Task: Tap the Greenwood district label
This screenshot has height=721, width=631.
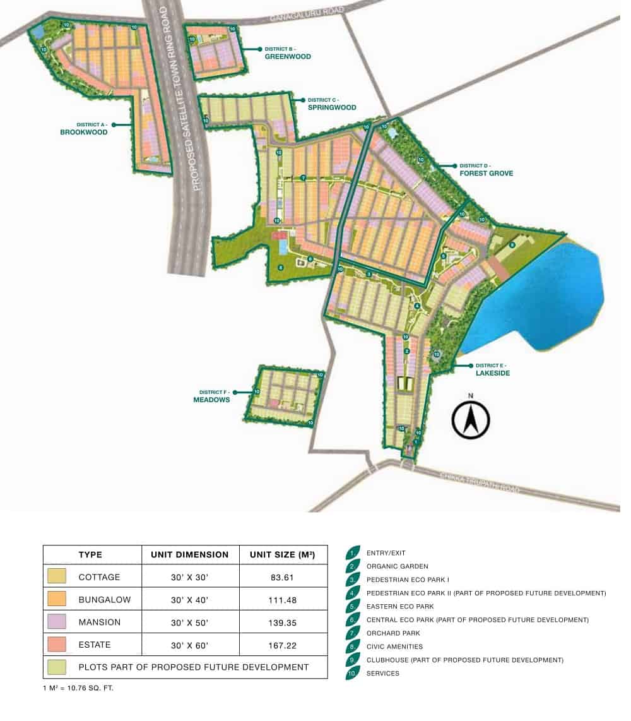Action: [288, 56]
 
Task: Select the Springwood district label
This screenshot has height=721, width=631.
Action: [331, 107]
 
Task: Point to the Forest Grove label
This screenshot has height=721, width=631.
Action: [486, 173]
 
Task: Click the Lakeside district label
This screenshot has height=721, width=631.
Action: [493, 373]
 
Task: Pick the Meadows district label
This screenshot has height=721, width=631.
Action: [211, 400]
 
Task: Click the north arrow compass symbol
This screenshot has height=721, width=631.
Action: [471, 419]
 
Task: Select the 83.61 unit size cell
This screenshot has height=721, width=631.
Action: [283, 577]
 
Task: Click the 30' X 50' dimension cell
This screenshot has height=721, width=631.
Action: [190, 622]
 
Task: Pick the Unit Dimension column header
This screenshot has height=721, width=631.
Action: [190, 554]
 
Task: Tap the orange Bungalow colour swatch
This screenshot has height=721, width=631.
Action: [56, 600]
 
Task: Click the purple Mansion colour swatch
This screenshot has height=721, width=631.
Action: [56, 622]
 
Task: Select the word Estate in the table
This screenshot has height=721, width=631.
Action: [95, 645]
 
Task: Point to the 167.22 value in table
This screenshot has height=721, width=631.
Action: [283, 645]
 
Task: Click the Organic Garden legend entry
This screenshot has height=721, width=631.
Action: [397, 566]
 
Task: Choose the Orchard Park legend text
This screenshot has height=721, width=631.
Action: [394, 633]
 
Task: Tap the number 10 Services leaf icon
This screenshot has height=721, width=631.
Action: [353, 673]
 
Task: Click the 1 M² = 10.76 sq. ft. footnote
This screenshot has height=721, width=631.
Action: [78, 688]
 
